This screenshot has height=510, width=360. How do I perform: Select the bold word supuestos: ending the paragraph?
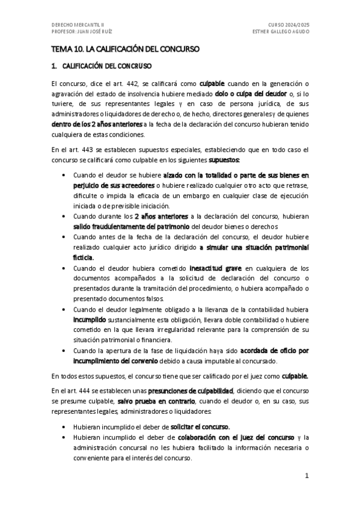click(224, 161)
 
